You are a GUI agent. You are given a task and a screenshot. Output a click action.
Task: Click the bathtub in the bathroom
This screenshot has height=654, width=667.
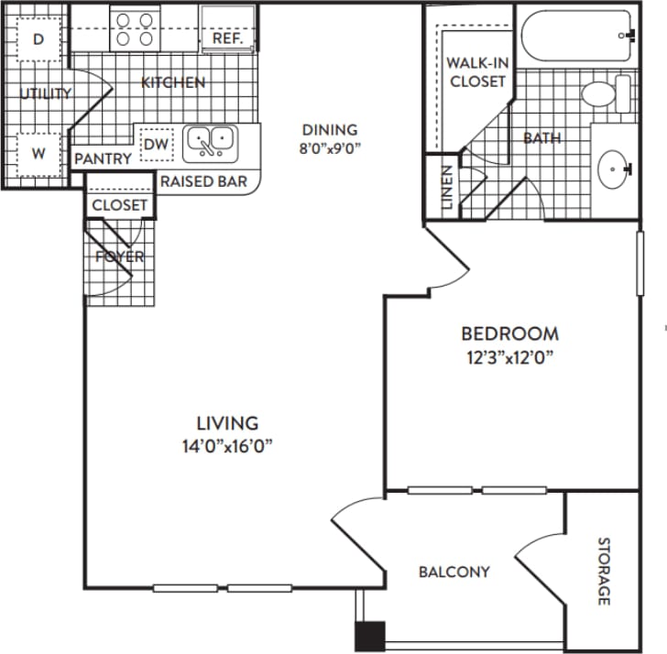(x=577, y=37)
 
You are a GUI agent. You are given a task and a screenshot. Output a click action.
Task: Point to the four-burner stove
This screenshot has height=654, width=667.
(x=135, y=28)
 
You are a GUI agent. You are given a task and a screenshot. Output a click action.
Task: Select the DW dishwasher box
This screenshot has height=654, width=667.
(x=155, y=145)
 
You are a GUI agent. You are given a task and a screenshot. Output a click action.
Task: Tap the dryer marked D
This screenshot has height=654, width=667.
(x=38, y=38)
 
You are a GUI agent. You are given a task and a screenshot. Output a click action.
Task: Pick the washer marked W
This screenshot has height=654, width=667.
(x=38, y=154)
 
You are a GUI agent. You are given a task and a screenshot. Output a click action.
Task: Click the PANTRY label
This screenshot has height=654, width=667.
(x=103, y=158)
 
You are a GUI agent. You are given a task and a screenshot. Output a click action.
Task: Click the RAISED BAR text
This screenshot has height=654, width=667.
(x=203, y=181)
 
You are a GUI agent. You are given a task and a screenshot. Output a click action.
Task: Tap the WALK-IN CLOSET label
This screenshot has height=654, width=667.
(x=476, y=72)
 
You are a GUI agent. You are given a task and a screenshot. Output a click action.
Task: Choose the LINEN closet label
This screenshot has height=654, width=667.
(x=446, y=188)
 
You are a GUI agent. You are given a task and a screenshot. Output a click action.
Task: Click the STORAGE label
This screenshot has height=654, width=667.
(x=604, y=572)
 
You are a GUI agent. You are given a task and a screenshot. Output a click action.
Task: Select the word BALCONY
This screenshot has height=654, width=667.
(x=454, y=572)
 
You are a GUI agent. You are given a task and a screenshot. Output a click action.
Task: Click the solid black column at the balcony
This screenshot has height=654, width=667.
(x=371, y=636)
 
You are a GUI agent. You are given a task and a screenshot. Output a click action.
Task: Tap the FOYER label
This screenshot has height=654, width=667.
(x=120, y=256)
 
